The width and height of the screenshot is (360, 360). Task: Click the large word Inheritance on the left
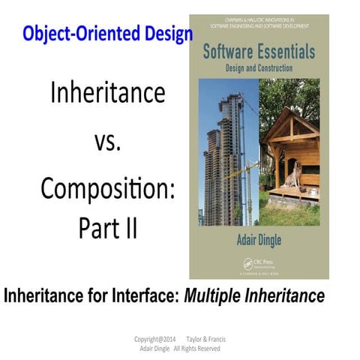(x=106, y=93)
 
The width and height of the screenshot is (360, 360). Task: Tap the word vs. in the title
(x=108, y=141)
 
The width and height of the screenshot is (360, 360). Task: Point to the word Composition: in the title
(x=108, y=187)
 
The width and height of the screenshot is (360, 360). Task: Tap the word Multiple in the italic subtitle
(x=217, y=295)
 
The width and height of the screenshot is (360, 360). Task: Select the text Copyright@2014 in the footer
(x=154, y=338)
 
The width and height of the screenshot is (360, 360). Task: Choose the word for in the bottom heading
(x=94, y=295)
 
